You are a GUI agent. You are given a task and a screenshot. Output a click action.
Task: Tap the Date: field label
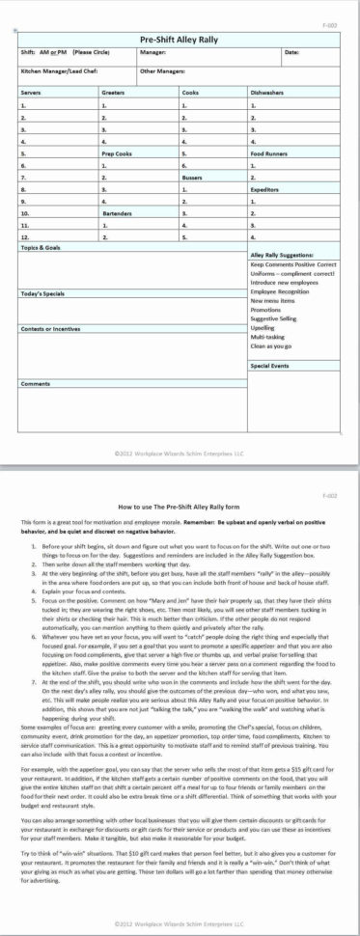pos(291,51)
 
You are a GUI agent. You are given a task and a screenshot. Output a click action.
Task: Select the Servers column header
pos(32,92)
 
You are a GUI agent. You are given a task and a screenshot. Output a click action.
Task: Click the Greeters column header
pos(114,92)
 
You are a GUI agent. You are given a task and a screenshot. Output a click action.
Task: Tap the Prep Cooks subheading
pos(117,152)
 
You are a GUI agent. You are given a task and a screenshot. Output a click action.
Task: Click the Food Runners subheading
pos(270,152)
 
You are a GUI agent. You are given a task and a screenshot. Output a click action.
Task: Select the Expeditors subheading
pos(266,189)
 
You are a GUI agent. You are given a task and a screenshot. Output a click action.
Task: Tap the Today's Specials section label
pos(42,292)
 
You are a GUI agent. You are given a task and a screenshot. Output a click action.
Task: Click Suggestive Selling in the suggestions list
pos(278,318)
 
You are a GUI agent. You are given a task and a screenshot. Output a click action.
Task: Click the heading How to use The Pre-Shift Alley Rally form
pos(180,505)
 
